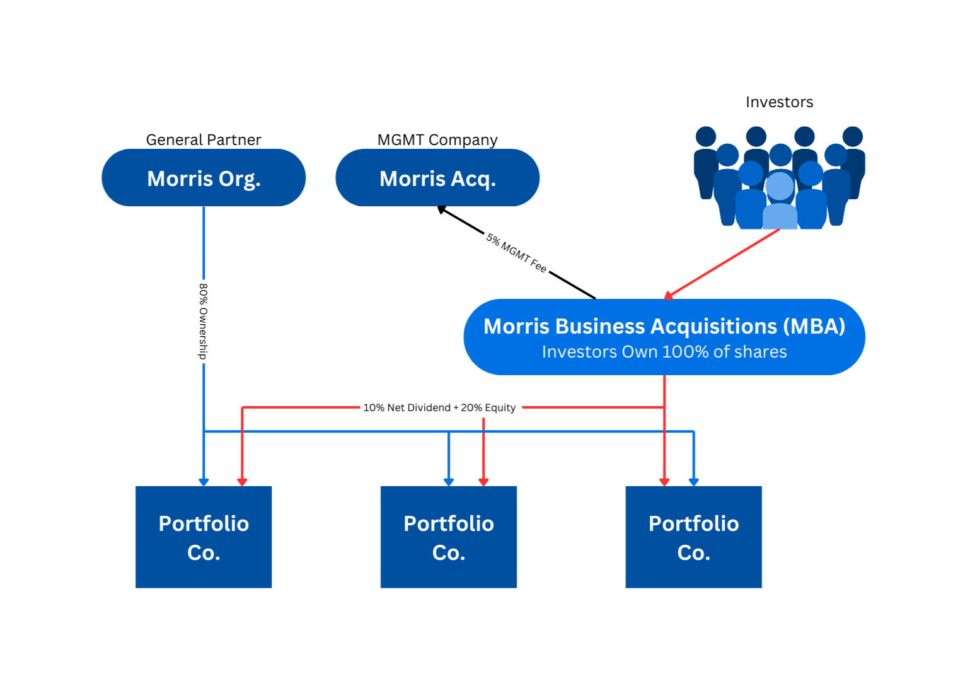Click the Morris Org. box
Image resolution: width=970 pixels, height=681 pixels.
click(x=204, y=178)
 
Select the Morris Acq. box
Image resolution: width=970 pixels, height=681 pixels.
click(x=437, y=178)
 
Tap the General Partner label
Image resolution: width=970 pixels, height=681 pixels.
click(x=204, y=139)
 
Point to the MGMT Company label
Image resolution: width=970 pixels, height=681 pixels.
click(x=437, y=139)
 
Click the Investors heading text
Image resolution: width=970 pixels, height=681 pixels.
click(x=779, y=102)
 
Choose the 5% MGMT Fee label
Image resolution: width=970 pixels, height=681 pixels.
click(x=516, y=253)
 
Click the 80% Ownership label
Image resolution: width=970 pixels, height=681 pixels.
click(x=203, y=321)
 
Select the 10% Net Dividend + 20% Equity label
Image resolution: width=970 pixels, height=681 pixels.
click(x=439, y=407)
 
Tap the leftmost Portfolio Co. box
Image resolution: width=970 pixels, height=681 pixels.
click(x=204, y=537)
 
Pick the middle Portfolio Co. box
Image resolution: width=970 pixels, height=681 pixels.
click(x=449, y=537)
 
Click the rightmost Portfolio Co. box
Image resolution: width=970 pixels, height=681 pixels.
click(x=693, y=537)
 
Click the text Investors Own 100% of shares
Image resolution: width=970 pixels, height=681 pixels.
click(x=664, y=352)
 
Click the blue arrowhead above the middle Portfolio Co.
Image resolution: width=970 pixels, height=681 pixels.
click(x=449, y=482)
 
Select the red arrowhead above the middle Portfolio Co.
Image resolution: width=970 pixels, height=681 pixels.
click(x=483, y=482)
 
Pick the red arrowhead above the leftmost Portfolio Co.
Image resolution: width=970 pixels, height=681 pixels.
click(x=242, y=482)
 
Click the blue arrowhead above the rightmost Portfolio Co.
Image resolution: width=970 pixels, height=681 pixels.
click(x=693, y=482)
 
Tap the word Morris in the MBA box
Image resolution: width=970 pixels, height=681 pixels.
click(x=516, y=326)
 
